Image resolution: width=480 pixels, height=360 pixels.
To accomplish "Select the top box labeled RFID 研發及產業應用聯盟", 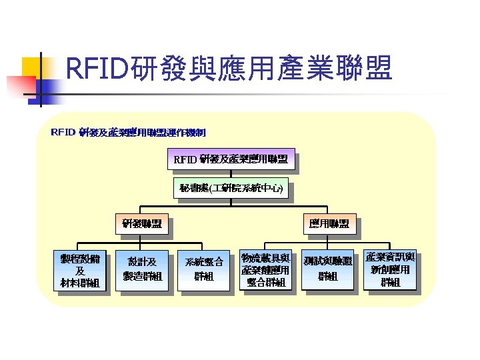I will pos(230,159).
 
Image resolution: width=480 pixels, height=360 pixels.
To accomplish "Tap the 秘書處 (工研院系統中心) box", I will pos(230,189).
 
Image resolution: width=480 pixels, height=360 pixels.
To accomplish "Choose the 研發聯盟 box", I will pos(141,223).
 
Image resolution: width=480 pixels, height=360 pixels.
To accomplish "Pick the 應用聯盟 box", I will pos(328,223).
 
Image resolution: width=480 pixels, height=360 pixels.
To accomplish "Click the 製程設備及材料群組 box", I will pos(79,271).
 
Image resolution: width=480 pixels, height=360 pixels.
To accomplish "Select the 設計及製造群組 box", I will pos(141,269).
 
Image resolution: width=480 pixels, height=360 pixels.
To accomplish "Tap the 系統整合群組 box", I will pos(203,269).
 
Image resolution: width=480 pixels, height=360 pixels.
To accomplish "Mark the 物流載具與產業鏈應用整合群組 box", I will pos(265,270).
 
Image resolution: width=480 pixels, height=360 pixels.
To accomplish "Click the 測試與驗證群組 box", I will pos(327,269).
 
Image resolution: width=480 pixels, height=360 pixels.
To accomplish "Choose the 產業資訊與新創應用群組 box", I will pos(390,269).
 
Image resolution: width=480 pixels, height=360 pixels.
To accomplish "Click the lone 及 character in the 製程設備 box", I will pos(79,271).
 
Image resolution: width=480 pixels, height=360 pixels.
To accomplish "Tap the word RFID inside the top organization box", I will pos(185,159).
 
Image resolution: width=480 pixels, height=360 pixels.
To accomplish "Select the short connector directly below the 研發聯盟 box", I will pos(141,237).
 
